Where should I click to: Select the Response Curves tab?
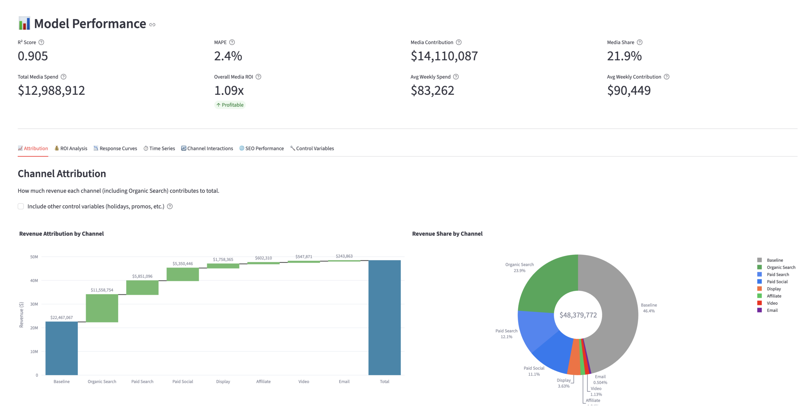pos(115,148)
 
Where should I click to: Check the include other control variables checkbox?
pos(21,206)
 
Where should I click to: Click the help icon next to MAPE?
pos(232,42)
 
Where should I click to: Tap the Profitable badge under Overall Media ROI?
pos(230,105)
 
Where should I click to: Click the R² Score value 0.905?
pos(33,56)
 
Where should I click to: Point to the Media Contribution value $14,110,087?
pos(444,56)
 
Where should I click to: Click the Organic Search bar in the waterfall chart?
pos(102,308)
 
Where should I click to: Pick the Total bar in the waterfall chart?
pos(384,317)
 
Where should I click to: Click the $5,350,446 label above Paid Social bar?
pos(182,264)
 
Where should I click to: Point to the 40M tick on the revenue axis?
pos(34,280)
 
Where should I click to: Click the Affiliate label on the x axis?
pos(263,381)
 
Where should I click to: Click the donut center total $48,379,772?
pos(578,315)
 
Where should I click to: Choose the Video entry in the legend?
pos(772,303)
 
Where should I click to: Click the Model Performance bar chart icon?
pos(24,24)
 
